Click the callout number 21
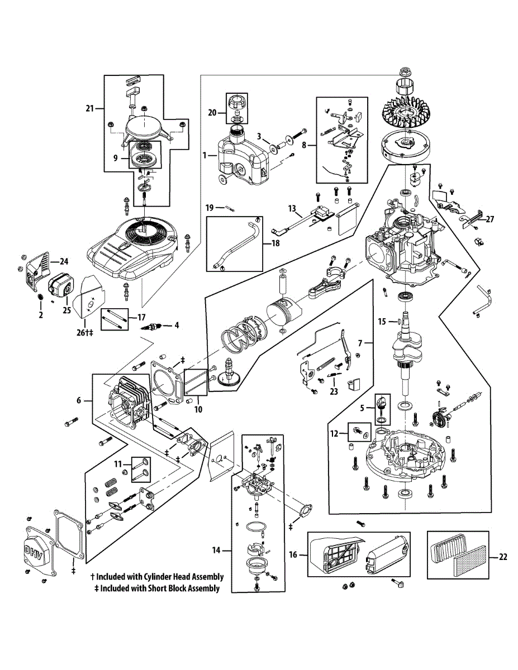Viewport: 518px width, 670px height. (x=89, y=108)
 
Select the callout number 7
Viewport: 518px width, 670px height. (x=361, y=341)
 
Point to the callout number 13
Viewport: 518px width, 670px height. (x=292, y=208)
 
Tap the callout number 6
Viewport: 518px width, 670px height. (x=79, y=400)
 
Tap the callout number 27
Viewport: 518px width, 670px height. (x=490, y=219)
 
